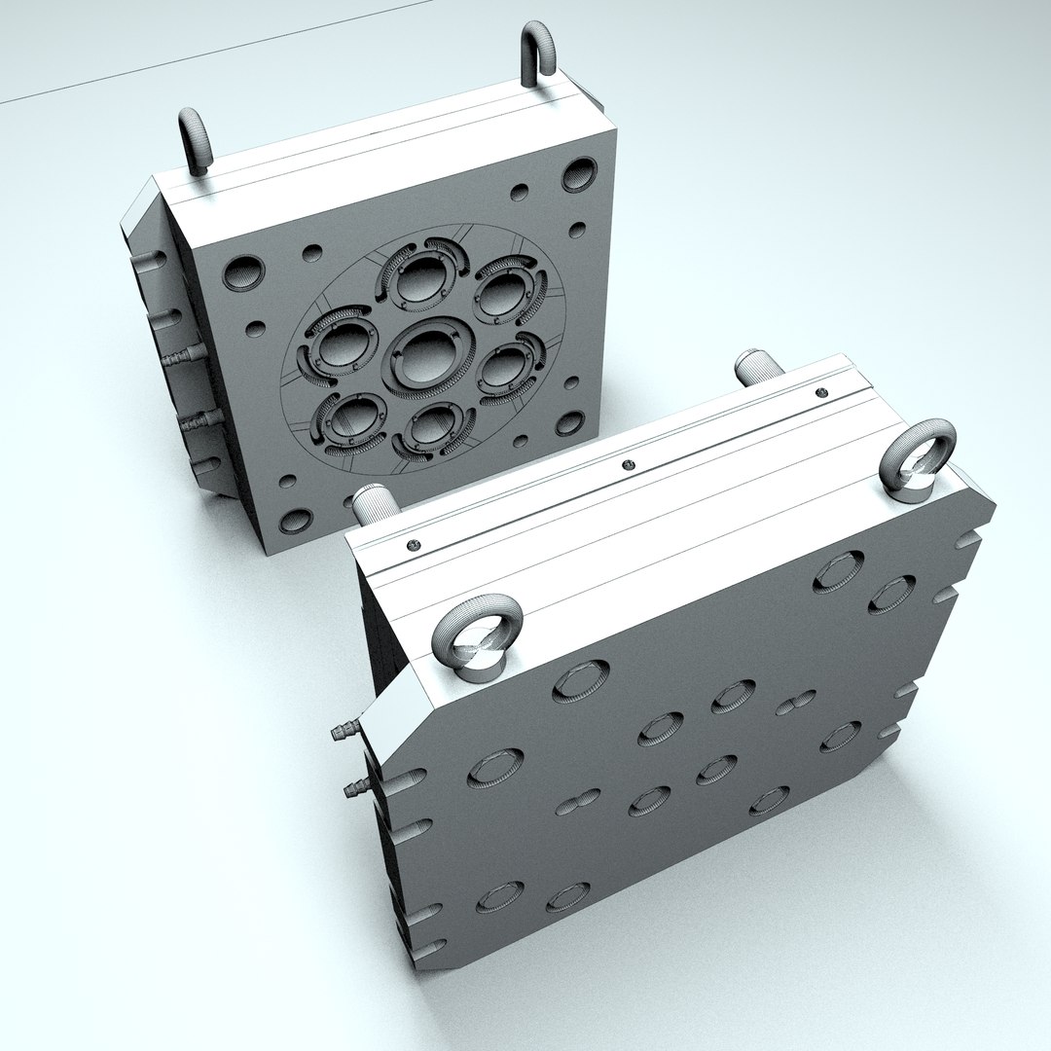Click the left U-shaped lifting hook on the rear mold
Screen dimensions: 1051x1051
[195, 141]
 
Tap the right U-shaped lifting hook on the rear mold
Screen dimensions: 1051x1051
[538, 54]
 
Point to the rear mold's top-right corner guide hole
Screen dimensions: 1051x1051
[579, 174]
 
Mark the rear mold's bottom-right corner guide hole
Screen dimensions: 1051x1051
[568, 423]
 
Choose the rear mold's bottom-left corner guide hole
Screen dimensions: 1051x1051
[295, 521]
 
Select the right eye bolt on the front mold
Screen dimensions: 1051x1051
[917, 458]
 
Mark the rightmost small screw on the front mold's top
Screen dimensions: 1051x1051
[821, 391]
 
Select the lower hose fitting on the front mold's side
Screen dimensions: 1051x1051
[357, 787]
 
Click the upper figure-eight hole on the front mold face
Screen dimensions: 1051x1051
[796, 702]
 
